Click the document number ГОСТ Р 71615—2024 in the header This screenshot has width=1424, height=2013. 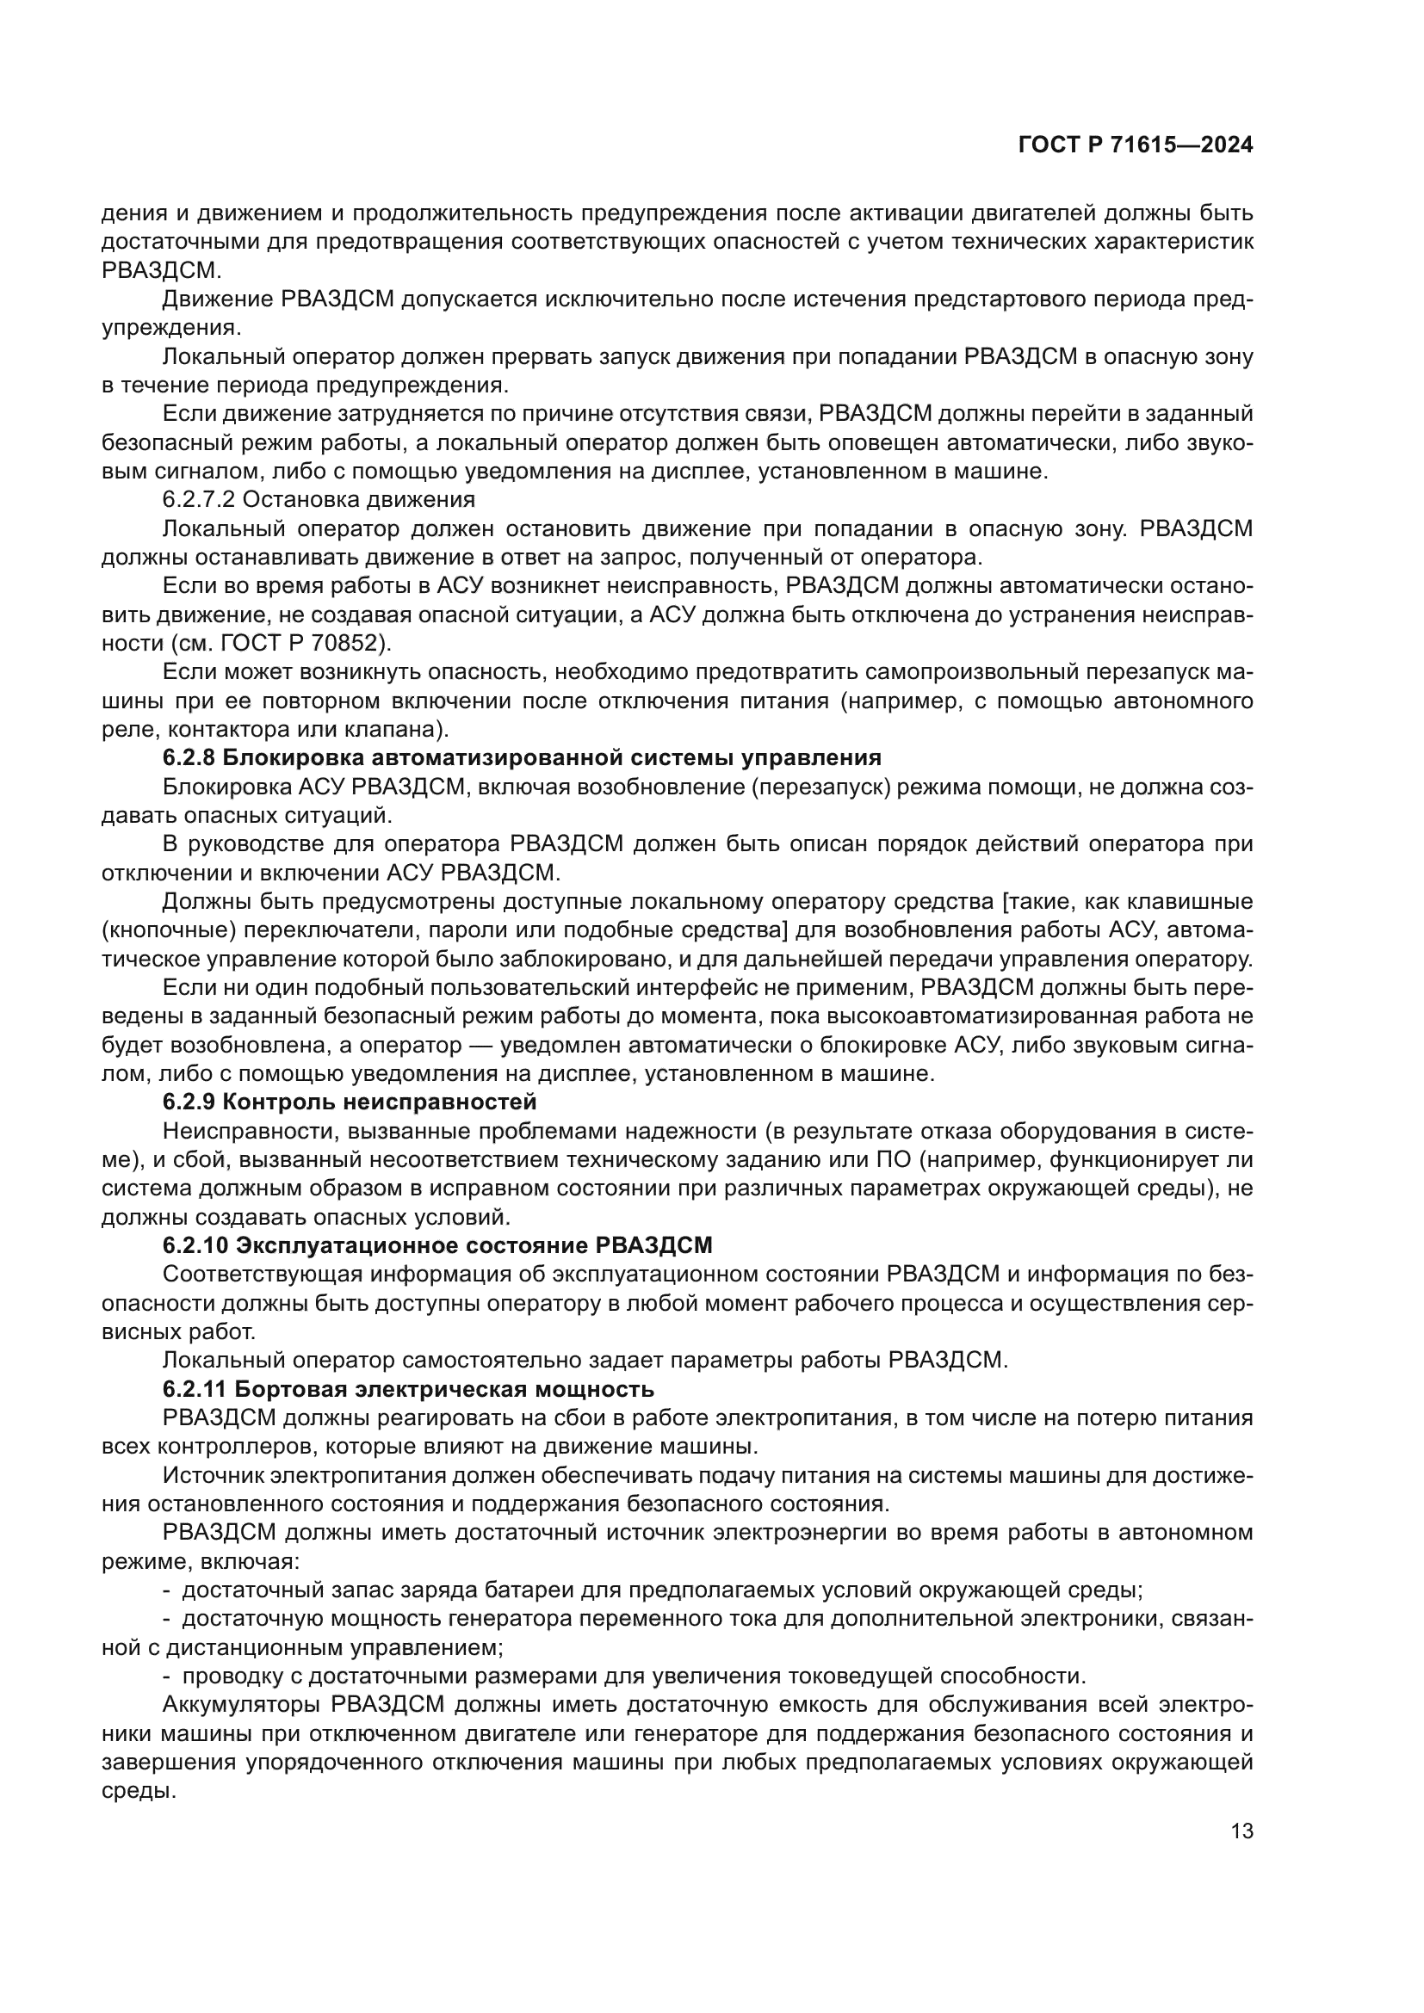tap(1136, 145)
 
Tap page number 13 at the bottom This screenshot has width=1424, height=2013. tap(1241, 1831)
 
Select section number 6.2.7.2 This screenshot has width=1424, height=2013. tap(201, 501)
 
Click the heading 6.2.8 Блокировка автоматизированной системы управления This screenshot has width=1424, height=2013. tap(522, 758)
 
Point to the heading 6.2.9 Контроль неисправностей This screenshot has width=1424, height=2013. tap(349, 1102)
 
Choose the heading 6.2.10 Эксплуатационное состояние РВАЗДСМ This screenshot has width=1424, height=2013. tap(437, 1246)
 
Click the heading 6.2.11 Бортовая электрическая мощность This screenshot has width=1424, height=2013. tap(408, 1390)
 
